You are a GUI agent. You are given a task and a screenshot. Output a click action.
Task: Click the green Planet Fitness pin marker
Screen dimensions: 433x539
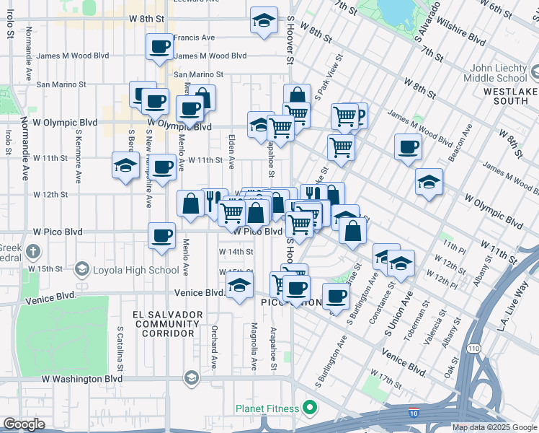click(x=310, y=408)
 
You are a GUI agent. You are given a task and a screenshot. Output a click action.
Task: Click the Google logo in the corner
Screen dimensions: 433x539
click(x=24, y=424)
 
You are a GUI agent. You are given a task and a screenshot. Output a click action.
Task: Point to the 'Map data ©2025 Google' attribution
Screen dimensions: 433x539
click(x=494, y=427)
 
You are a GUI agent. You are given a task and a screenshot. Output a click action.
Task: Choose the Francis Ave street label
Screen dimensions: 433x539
click(x=194, y=38)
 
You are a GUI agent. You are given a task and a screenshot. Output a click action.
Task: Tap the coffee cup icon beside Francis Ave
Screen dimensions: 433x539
click(x=159, y=48)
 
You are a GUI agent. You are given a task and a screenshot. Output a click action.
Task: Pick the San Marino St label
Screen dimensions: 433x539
click(x=199, y=74)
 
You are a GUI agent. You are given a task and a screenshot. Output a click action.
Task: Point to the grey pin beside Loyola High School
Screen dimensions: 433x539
click(x=81, y=270)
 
